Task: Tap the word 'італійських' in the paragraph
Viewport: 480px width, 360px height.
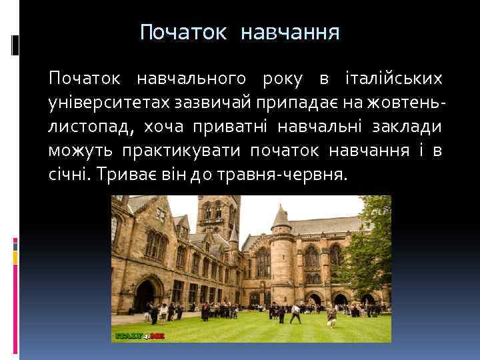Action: pos(393,79)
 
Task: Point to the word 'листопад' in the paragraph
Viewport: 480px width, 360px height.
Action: pos(85,127)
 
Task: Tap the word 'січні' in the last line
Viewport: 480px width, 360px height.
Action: pos(69,175)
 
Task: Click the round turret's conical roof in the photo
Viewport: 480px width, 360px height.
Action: pos(280,217)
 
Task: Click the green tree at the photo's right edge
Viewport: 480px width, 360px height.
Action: pos(370,253)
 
